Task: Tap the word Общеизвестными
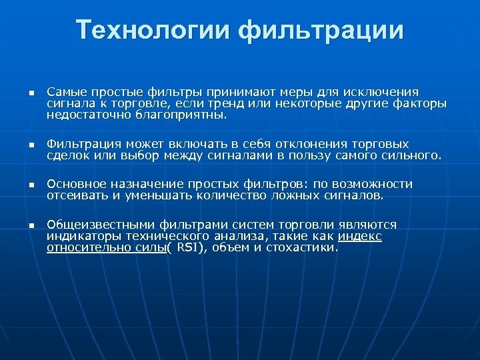[x=94, y=225]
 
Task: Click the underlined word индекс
[x=360, y=236]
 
